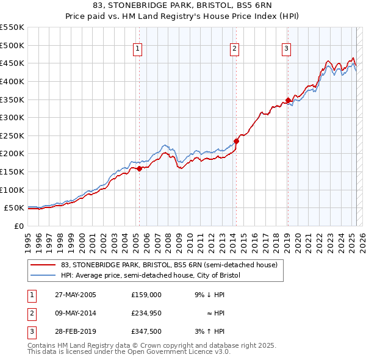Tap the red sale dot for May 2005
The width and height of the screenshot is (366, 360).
pos(139,168)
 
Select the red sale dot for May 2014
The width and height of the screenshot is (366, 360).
pos(236,141)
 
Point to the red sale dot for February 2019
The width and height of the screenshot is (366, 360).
pos(288,101)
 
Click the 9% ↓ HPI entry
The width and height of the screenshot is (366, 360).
pos(209,295)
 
